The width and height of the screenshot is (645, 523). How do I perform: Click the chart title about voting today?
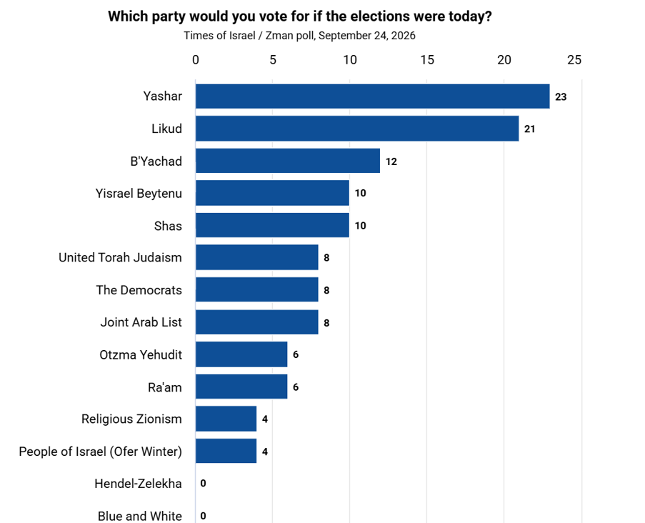tap(300, 16)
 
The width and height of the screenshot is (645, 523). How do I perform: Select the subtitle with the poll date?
tap(299, 36)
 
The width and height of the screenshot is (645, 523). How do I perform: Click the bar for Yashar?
tap(373, 96)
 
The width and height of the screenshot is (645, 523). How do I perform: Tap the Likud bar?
tap(357, 129)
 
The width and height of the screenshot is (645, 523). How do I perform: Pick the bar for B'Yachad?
tap(288, 161)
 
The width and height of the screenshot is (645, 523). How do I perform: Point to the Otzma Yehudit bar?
tap(241, 354)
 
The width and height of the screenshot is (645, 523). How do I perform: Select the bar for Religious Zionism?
tap(226, 419)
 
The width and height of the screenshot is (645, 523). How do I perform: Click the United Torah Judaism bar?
tap(256, 258)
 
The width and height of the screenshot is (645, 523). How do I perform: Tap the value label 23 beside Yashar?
tap(561, 97)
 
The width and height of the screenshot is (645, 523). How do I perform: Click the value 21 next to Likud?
tap(529, 129)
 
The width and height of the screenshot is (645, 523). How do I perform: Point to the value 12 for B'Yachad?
tap(391, 161)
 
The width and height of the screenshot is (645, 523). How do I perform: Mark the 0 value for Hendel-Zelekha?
tap(203, 484)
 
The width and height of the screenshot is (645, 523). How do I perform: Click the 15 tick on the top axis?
tap(427, 60)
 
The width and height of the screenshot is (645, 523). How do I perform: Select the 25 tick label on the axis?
tap(574, 60)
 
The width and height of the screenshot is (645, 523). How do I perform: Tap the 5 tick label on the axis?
tap(273, 60)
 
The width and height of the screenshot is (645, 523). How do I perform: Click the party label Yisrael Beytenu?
tap(139, 194)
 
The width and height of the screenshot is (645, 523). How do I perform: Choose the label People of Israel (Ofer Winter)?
tap(101, 452)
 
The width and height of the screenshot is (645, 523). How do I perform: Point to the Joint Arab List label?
tap(141, 322)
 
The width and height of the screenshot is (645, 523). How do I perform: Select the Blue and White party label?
tap(140, 516)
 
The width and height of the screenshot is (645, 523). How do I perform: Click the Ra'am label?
tap(165, 387)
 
